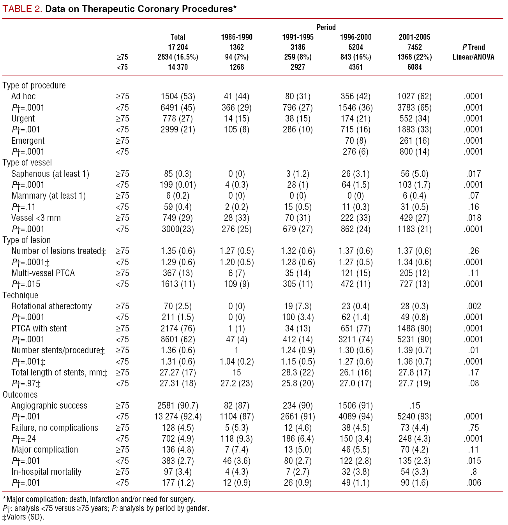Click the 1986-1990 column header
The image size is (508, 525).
[x=236, y=37]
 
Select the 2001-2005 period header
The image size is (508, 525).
[x=415, y=37]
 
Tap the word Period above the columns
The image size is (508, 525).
[x=326, y=27]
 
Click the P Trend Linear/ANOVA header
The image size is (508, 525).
[x=473, y=52]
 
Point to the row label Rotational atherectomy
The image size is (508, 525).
[x=51, y=306]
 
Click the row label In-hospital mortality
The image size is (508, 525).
[x=46, y=472]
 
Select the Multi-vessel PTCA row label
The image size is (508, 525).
[x=43, y=273]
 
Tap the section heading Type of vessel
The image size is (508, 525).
[x=27, y=162]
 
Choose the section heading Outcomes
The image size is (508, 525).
[x=20, y=395]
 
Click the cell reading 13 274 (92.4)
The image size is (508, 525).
[x=178, y=416]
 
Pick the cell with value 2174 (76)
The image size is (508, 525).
[x=178, y=328]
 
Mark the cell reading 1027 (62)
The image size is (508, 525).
[x=415, y=96]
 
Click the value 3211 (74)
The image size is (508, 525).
[x=356, y=339]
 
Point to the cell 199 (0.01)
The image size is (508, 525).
[x=178, y=185]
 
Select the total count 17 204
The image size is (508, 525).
[x=178, y=47]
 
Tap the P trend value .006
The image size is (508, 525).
[x=473, y=483]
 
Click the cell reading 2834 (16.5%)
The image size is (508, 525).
[x=178, y=57]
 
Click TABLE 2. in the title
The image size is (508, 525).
[x=22, y=9]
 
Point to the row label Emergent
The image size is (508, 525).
[x=28, y=141]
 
